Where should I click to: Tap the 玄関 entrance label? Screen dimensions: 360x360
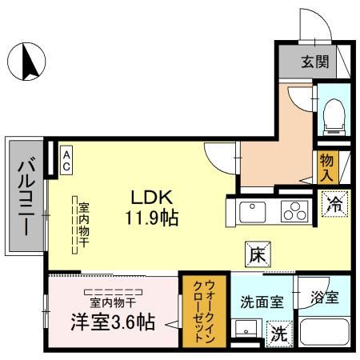click(314, 61)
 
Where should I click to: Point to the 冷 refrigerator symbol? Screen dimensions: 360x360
click(335, 205)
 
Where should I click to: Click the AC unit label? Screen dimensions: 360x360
click(66, 158)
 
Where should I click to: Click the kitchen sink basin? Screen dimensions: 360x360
click(253, 212)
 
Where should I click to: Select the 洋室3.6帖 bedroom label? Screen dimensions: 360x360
click(112, 323)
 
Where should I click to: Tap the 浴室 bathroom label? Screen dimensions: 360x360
click(325, 298)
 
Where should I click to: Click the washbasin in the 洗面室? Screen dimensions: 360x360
click(246, 331)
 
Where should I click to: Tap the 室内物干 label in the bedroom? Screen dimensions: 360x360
click(112, 302)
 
